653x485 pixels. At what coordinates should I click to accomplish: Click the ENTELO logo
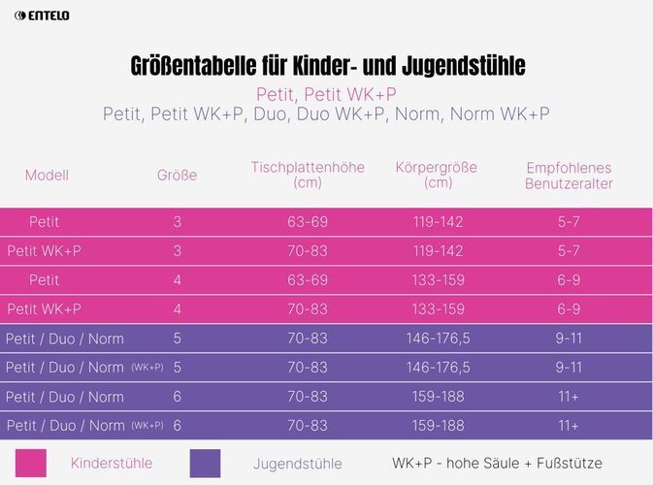[42, 16]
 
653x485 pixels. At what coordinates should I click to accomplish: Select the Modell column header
[47, 176]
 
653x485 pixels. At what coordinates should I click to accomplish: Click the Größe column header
[177, 176]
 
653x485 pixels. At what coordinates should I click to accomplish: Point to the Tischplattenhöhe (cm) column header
[308, 175]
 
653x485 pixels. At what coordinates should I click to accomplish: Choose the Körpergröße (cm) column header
[438, 175]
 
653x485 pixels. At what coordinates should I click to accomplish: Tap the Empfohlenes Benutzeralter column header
[569, 175]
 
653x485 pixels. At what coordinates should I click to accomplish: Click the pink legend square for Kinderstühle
[31, 464]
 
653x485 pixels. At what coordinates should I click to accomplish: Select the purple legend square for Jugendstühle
[206, 464]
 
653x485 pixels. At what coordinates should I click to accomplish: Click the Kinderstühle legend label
[112, 464]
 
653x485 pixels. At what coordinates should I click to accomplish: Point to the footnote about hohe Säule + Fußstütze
[497, 464]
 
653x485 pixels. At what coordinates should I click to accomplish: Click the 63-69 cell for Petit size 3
[308, 222]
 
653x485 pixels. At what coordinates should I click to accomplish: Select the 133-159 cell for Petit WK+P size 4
[438, 309]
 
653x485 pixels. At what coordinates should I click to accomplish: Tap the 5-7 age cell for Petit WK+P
[569, 251]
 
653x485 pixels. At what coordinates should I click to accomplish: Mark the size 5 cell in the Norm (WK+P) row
[177, 368]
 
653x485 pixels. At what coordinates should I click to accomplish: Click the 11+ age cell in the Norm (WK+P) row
[569, 426]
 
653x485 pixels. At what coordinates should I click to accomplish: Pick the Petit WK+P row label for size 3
[44, 251]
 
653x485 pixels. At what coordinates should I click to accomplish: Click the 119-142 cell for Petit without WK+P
[438, 222]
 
